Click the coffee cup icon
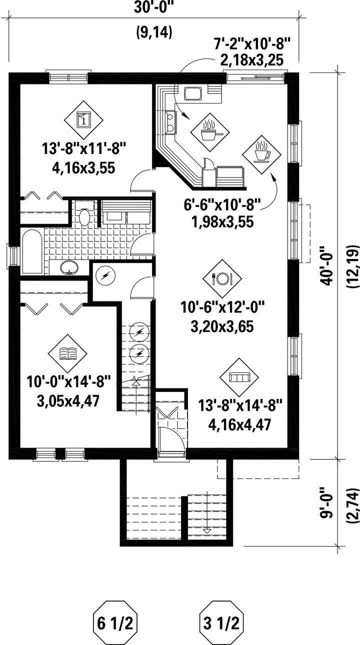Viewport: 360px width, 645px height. tap(261, 154)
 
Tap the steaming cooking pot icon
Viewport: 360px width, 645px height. tap(210, 132)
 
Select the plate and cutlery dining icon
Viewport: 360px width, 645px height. tap(222, 278)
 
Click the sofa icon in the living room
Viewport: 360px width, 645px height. tap(239, 377)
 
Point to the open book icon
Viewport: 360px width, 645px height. tap(67, 353)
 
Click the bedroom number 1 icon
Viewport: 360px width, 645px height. tap(83, 120)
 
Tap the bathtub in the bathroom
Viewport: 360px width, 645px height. tap(32, 251)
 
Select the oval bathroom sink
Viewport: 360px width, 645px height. tap(69, 267)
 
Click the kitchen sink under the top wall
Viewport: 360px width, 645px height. tap(192, 93)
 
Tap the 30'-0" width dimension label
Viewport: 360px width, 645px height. tap(154, 7)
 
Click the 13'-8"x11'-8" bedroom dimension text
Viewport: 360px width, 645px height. tap(84, 149)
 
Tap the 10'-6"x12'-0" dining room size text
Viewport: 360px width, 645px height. tap(222, 307)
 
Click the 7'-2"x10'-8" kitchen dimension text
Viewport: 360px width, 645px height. tap(252, 44)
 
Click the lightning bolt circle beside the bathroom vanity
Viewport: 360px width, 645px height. tap(105, 276)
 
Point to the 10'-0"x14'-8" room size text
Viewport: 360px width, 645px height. tap(68, 382)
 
